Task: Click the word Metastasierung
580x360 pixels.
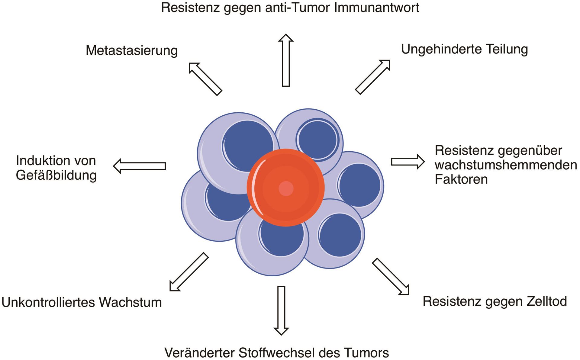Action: coord(132,50)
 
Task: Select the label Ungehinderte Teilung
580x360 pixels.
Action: coord(464,49)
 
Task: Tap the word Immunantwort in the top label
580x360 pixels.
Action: coord(376,8)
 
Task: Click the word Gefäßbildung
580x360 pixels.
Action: coord(56,175)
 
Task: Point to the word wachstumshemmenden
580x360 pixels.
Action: coord(506,165)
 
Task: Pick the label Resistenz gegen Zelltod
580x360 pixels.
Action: coord(495,301)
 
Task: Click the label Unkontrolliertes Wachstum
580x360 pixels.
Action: coord(82,302)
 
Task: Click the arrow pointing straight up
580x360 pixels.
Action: coord(286,60)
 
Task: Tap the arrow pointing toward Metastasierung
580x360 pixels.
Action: coord(205,79)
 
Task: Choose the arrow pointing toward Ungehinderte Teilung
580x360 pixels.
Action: coord(373,77)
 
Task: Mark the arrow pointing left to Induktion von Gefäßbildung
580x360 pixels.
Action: coord(140,166)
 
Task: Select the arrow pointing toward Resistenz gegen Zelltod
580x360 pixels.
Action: coord(391,276)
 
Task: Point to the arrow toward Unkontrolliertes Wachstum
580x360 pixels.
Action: coord(189,272)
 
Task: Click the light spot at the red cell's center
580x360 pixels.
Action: coord(286,188)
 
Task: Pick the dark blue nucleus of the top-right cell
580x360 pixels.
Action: coord(317,139)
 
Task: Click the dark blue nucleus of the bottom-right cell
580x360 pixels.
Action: coord(340,235)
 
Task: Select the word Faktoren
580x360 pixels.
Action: coord(461,179)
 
